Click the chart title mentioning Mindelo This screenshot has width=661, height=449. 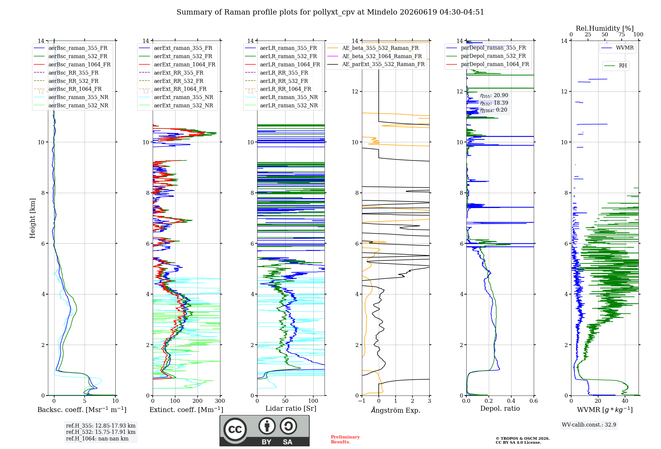[330, 12]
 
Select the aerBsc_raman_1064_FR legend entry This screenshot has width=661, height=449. [72, 64]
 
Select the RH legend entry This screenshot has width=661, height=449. [615, 66]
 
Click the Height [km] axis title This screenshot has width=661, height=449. [32, 218]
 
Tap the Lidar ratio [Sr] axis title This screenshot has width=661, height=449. [291, 408]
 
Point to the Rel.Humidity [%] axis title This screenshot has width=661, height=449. [604, 28]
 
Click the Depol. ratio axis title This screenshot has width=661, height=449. [500, 408]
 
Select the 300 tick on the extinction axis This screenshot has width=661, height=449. [220, 401]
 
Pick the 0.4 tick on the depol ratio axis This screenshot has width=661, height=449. [511, 401]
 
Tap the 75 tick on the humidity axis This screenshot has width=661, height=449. [622, 35]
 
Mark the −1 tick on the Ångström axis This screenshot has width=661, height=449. [362, 401]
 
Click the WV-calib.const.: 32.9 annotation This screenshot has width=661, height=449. [589, 425]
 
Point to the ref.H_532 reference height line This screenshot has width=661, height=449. [100, 432]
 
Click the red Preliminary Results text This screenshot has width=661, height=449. [345, 439]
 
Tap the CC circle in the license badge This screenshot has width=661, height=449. [235, 430]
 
